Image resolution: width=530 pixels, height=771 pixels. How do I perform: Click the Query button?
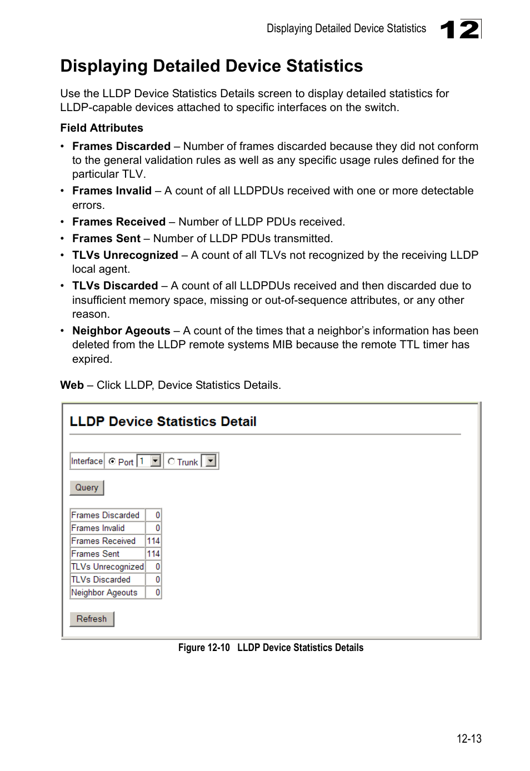tap(87, 488)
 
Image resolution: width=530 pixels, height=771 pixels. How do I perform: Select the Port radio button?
tap(112, 461)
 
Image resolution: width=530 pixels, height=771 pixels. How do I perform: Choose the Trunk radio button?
tap(171, 461)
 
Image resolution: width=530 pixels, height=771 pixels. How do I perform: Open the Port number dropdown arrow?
tap(156, 461)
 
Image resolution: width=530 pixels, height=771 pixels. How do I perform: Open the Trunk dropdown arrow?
tap(211, 461)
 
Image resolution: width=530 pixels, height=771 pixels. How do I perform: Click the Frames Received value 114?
tap(153, 541)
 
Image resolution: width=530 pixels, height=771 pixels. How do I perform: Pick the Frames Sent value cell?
tap(153, 554)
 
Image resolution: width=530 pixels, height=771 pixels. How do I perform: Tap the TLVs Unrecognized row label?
tap(107, 567)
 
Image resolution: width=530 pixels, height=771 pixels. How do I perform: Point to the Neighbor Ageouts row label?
tap(104, 593)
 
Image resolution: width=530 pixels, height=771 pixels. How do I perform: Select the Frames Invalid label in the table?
tap(98, 528)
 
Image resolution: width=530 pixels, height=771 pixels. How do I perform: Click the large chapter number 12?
tap(460, 29)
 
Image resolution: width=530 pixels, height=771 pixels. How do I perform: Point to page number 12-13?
tap(469, 739)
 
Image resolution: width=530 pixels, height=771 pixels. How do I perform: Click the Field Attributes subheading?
tap(102, 128)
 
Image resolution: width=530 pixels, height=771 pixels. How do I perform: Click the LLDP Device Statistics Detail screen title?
tap(163, 422)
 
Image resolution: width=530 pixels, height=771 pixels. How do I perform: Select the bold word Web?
tap(72, 385)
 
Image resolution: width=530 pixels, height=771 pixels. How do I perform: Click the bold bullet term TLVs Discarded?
tap(115, 286)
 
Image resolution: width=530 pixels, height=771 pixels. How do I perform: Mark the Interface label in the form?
tap(87, 461)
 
